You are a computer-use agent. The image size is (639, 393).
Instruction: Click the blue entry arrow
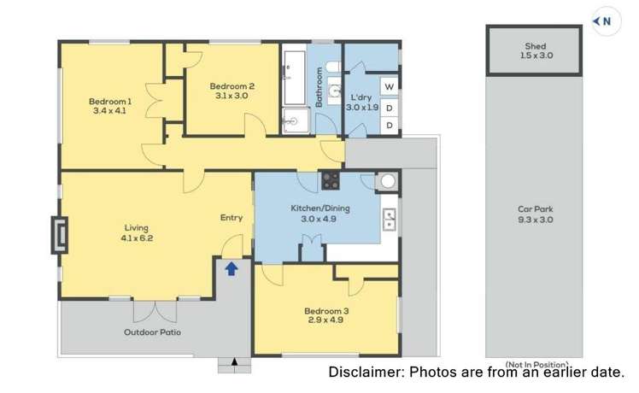click(232, 268)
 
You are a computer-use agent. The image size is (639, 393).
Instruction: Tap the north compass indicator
click(606, 21)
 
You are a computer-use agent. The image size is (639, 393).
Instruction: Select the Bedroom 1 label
click(110, 101)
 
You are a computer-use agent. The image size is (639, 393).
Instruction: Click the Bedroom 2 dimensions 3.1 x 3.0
click(232, 96)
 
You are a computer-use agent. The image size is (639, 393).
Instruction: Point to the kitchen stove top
click(330, 180)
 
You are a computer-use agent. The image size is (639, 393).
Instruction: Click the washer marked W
click(390, 86)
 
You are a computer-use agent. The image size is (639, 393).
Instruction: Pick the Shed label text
click(535, 46)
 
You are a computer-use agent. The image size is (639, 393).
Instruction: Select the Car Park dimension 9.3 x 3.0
click(535, 220)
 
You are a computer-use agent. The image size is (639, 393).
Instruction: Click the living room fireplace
click(60, 235)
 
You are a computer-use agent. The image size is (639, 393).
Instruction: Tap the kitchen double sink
click(390, 220)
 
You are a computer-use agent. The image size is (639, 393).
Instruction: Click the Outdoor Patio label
click(152, 332)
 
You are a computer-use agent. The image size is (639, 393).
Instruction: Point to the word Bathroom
click(319, 87)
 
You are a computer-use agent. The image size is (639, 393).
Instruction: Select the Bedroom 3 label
click(326, 311)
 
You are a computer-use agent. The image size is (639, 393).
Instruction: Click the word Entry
click(232, 218)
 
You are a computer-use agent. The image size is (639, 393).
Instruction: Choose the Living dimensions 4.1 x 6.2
click(137, 238)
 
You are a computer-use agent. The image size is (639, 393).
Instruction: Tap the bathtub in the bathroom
click(294, 78)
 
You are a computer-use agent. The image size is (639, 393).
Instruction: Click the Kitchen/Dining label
click(319, 208)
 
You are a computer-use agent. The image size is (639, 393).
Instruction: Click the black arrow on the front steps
click(234, 361)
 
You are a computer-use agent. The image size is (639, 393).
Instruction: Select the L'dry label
click(361, 97)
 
